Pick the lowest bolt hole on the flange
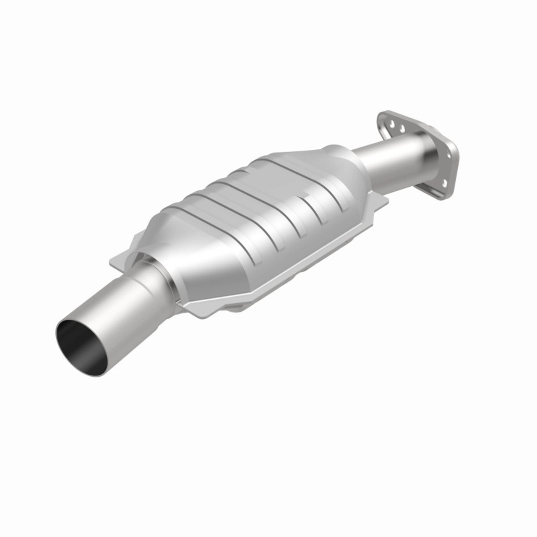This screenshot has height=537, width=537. coord(443,183)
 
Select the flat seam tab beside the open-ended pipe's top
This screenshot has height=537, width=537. coord(122,260)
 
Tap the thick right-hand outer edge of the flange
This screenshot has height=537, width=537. coord(455,168)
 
